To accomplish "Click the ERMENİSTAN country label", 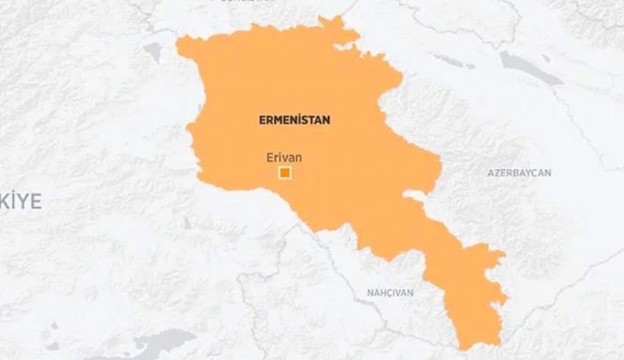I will click(294, 120).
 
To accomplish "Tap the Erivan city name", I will click(284, 156).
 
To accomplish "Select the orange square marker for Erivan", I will click(285, 173).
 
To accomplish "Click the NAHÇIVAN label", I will click(390, 292).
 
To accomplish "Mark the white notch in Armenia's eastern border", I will click(413, 197).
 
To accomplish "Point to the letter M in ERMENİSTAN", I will click(277, 120).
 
